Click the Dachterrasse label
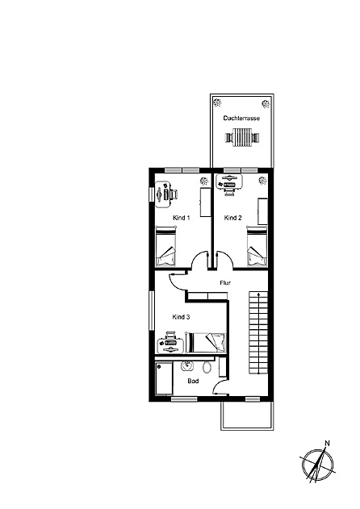(241, 119)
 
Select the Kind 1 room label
(181, 218)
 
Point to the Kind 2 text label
(232, 218)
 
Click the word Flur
(225, 283)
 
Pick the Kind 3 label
(181, 317)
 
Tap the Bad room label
(193, 381)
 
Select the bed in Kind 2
(256, 247)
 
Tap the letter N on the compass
(327, 442)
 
